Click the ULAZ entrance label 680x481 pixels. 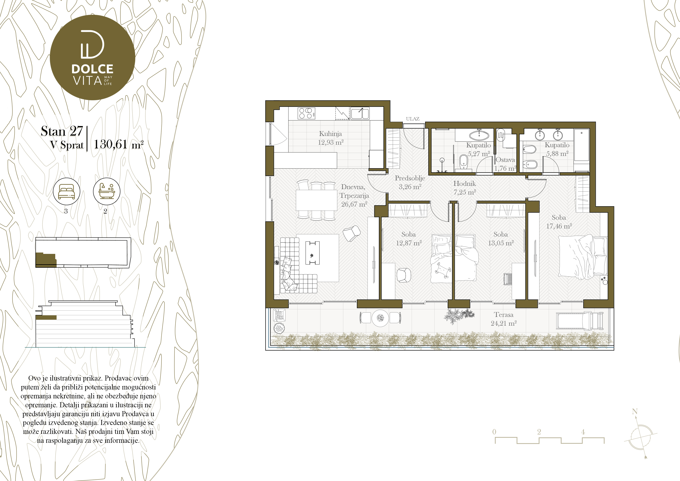coord(412,119)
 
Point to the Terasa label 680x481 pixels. coord(503,315)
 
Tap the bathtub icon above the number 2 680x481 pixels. coord(107,191)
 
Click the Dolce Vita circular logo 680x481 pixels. coord(92,57)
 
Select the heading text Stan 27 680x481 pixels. coord(62,131)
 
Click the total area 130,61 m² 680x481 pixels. coord(118,144)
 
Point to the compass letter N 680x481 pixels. coord(635,411)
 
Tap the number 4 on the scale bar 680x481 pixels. coord(583,432)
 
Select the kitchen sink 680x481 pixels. coord(360,113)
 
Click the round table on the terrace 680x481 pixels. coord(380,318)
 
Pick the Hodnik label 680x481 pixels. coord(464,183)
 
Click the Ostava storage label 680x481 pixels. coord(505,160)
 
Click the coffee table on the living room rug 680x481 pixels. coord(312,253)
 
